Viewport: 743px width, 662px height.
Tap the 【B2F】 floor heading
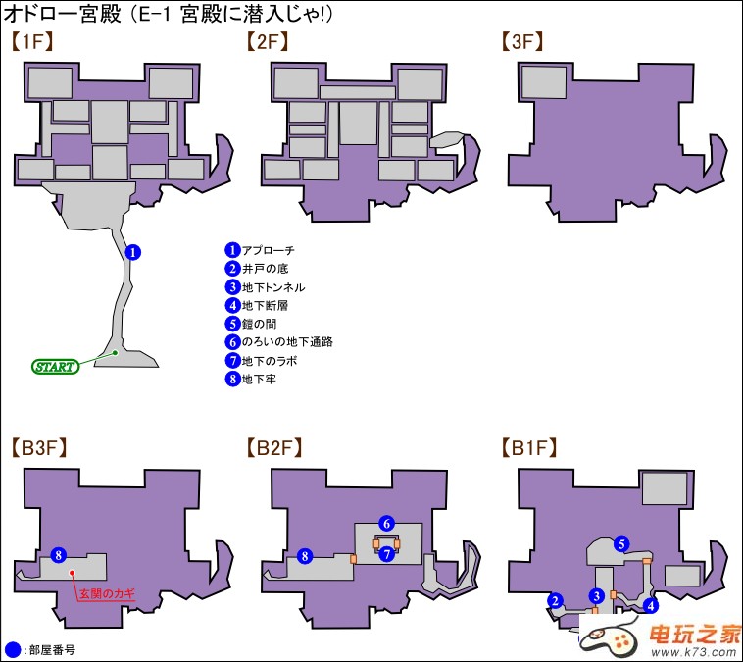tap(273, 449)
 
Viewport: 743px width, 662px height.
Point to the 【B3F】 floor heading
tap(38, 449)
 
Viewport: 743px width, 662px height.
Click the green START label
tap(54, 367)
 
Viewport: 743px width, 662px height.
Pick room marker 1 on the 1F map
tap(134, 252)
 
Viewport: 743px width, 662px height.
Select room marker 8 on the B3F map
tap(58, 556)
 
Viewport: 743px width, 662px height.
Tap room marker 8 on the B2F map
tap(305, 556)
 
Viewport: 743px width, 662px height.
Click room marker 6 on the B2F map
tap(387, 523)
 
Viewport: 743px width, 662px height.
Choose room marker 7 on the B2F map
tap(387, 554)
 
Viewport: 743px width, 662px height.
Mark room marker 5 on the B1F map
tap(620, 544)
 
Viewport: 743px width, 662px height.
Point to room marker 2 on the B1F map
tap(555, 601)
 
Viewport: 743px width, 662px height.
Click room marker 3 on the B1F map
tap(595, 595)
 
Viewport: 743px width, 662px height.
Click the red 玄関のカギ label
tap(107, 592)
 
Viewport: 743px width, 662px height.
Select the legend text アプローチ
tap(268, 251)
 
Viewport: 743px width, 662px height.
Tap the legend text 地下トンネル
tap(273, 287)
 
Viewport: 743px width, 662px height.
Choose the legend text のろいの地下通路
tap(287, 342)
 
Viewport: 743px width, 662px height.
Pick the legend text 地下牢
tap(259, 379)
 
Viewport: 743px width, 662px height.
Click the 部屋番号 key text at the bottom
tap(52, 649)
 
